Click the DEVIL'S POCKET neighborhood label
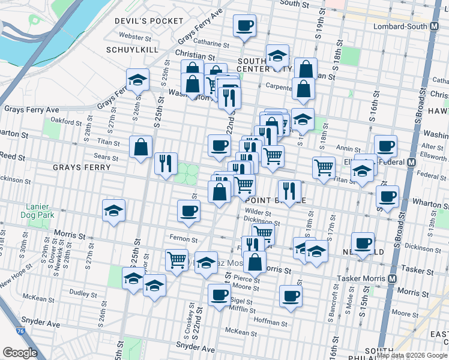pos(150,21)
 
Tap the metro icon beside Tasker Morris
pos(393,279)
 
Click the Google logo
pos(20,353)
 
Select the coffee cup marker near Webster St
pos(244,26)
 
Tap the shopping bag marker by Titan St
pos(140,146)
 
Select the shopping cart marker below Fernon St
pos(176,260)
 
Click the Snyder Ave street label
pos(195,347)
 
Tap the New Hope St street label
pos(14,280)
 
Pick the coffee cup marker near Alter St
pos(385,146)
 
